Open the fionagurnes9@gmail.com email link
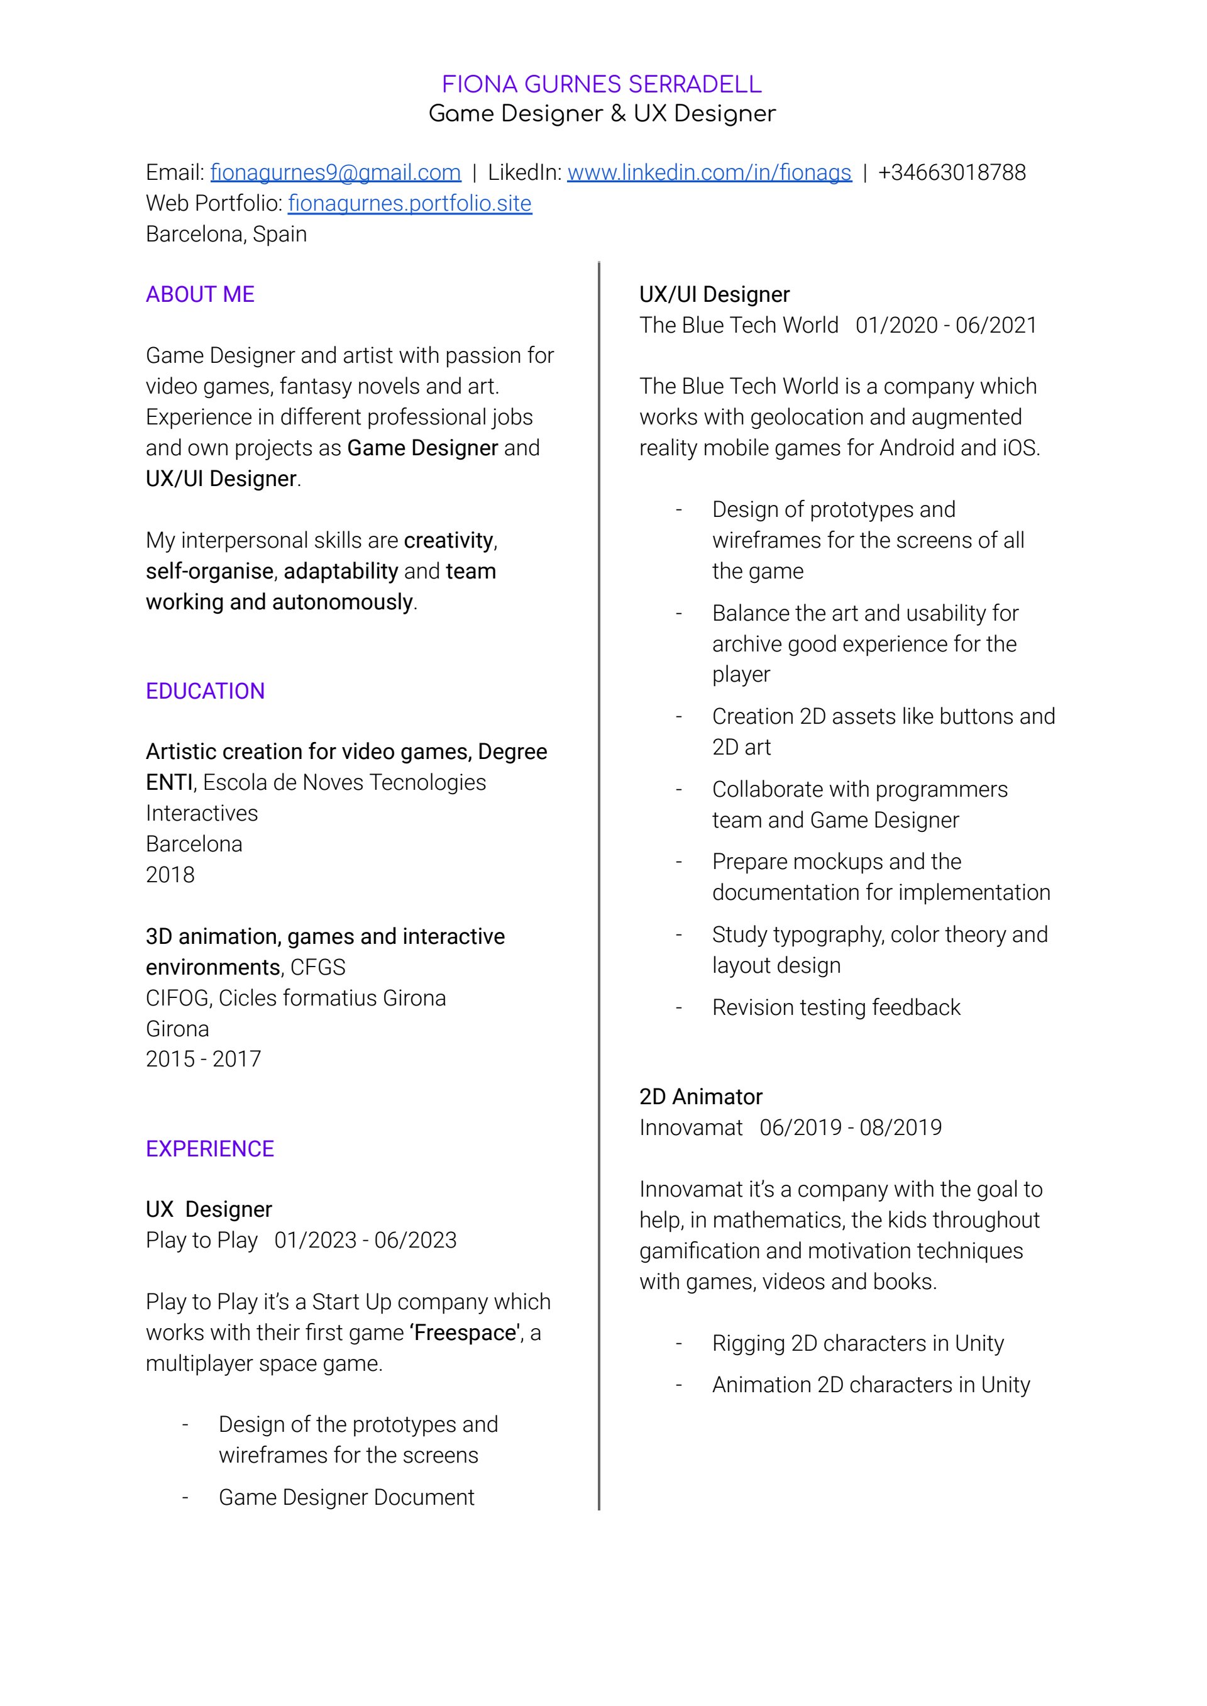coord(335,172)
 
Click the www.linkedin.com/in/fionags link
coord(709,172)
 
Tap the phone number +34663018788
coord(951,172)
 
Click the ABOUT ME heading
coord(200,294)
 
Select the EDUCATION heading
coord(205,691)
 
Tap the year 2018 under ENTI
coord(170,875)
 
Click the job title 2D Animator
coord(701,1097)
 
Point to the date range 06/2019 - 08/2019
coord(851,1127)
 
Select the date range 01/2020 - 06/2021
coord(946,325)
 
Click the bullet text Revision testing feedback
coord(836,1007)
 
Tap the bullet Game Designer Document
coord(346,1497)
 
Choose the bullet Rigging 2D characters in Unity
coord(857,1343)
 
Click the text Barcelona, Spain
coord(226,234)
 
